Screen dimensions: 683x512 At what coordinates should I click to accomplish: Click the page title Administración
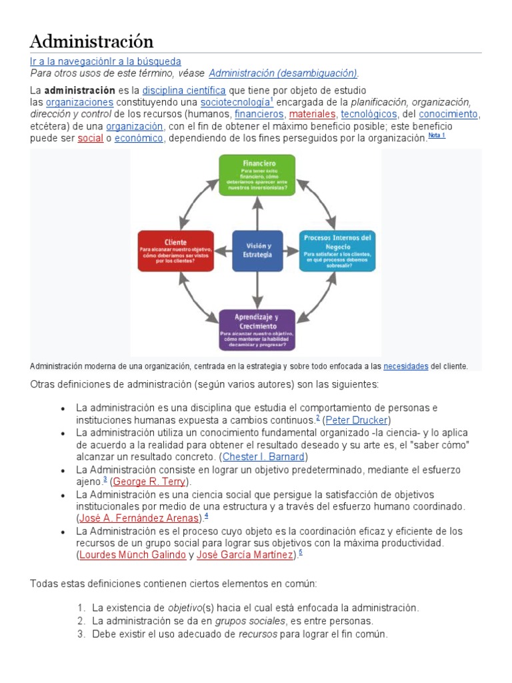[91, 41]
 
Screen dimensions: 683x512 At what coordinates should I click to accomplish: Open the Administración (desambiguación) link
[283, 73]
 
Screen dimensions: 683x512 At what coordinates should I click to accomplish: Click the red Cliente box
[176, 251]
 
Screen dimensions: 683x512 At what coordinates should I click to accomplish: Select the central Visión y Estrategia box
[257, 251]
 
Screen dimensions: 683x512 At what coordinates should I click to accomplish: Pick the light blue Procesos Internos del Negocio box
[338, 251]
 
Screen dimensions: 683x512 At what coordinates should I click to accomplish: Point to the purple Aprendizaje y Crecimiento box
[257, 329]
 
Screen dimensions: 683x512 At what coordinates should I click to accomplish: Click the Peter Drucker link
[357, 420]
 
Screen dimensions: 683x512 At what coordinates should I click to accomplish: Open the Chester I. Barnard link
[264, 457]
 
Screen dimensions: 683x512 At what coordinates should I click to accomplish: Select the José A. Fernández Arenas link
[139, 518]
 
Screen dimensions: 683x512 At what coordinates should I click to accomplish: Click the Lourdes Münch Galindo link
[132, 555]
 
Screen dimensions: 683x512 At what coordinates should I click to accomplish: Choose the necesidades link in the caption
[405, 366]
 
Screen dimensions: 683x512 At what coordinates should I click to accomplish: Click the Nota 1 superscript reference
[436, 136]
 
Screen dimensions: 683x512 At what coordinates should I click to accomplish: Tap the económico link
[139, 139]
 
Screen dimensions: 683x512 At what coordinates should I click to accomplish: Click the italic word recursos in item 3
[259, 634]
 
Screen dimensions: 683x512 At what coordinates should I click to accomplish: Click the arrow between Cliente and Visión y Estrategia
[223, 251]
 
